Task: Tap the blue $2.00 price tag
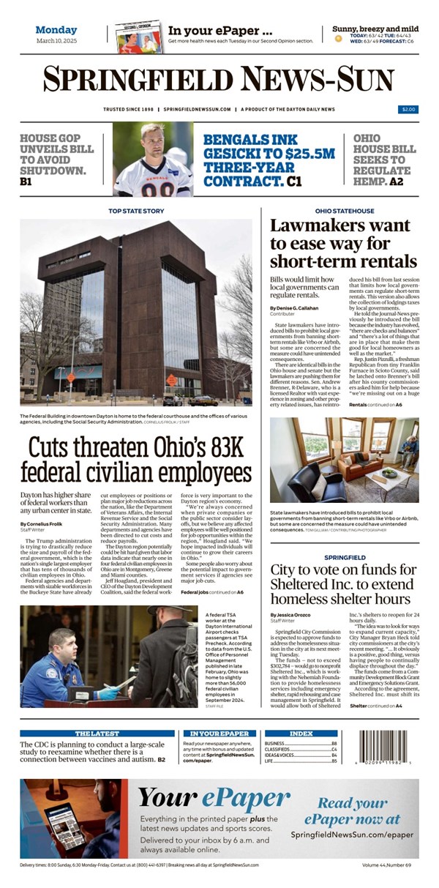pyautogui.click(x=408, y=109)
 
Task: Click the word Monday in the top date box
pyautogui.click(x=56, y=30)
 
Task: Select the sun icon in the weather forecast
pyautogui.click(x=339, y=38)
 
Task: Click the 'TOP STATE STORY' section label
pyautogui.click(x=136, y=211)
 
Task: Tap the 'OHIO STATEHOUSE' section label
pyautogui.click(x=344, y=211)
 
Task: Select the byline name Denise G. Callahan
pyautogui.click(x=299, y=308)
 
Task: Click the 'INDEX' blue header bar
pyautogui.click(x=301, y=733)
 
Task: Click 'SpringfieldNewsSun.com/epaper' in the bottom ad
pyautogui.click(x=351, y=834)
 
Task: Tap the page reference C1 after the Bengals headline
pyautogui.click(x=293, y=180)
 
